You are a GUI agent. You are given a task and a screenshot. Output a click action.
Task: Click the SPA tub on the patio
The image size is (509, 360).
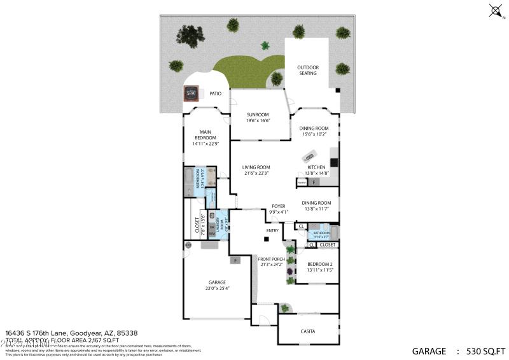click(190, 93)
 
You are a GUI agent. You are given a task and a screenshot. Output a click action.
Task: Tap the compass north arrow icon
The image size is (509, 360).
click(495, 10)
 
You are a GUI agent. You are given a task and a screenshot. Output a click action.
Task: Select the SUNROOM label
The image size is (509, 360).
click(259, 114)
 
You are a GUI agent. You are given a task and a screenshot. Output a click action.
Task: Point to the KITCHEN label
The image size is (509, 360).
click(316, 167)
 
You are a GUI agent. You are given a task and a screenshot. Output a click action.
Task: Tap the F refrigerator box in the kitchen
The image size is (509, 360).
click(314, 183)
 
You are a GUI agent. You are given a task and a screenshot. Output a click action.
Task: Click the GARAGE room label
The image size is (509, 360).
click(217, 282)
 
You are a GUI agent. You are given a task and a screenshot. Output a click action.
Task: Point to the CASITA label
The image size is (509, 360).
click(308, 331)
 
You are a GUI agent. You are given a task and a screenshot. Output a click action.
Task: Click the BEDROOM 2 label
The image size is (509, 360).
click(320, 263)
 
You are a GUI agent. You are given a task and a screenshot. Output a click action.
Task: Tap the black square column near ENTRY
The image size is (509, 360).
click(266, 240)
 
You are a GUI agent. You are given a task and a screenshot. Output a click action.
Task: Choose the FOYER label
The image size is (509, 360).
click(278, 206)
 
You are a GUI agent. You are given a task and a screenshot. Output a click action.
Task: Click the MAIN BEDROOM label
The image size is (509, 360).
click(205, 135)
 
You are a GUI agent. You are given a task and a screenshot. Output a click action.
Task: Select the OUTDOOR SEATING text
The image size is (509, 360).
click(308, 70)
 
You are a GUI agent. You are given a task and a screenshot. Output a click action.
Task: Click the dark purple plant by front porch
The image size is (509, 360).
click(290, 272)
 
